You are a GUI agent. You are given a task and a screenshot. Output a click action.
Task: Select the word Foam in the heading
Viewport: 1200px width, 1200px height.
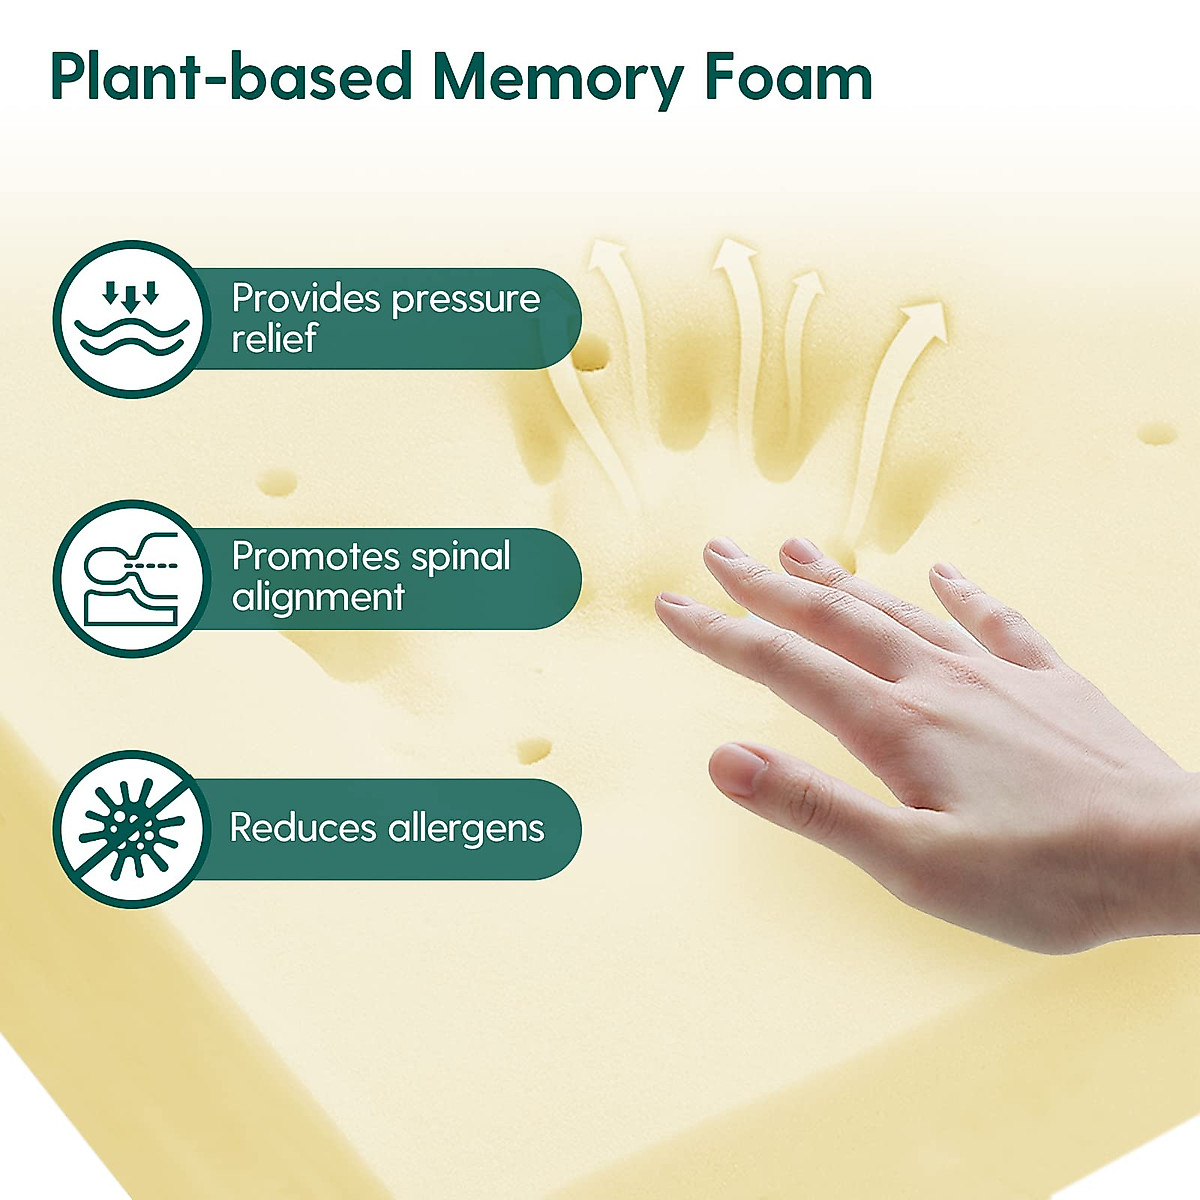pos(790,78)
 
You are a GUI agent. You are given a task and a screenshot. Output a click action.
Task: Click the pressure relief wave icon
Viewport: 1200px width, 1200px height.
pos(131,319)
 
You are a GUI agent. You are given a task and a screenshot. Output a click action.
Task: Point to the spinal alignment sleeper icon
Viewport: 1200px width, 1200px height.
pos(131,579)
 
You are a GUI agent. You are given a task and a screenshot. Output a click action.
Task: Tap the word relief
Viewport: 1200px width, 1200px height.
pos(274,338)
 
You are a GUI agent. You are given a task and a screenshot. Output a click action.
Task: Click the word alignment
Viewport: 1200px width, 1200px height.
pos(318,597)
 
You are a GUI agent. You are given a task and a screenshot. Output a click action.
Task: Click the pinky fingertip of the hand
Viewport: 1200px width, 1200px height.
pos(947,576)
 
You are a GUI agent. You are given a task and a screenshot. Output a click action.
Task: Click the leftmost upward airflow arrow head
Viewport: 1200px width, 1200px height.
pos(604,256)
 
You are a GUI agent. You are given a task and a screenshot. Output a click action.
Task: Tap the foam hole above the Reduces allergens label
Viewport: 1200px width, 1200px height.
pos(535,749)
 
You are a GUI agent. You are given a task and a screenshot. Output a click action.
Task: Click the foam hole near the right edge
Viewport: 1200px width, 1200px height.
pos(1158,434)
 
